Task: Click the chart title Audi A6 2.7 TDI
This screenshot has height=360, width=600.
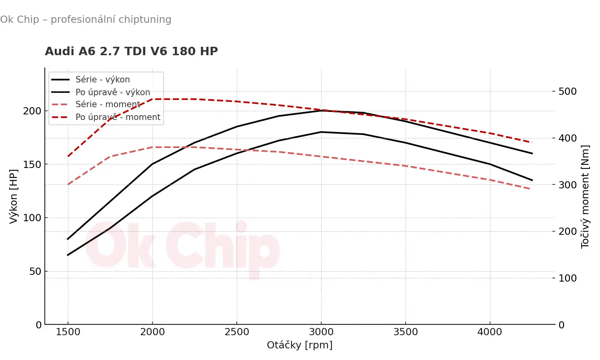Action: click(x=131, y=51)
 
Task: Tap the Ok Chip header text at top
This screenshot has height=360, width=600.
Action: click(x=86, y=20)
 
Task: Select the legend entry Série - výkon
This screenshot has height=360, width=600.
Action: click(x=102, y=80)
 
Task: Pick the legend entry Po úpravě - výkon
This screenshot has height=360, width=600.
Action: click(x=112, y=92)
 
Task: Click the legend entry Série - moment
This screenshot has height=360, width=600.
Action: click(x=108, y=104)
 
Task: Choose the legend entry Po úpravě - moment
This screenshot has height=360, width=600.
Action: click(x=118, y=117)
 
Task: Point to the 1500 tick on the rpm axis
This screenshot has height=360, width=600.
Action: click(x=68, y=332)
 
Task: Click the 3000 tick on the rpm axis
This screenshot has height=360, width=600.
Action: click(x=321, y=332)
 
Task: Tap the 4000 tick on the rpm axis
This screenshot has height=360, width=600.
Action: click(x=490, y=332)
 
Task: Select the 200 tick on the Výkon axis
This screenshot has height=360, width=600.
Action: click(x=32, y=111)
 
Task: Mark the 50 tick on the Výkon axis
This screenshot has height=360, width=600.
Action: click(x=35, y=271)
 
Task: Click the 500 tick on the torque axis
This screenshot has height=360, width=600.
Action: click(x=568, y=92)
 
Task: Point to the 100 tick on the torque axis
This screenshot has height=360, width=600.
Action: click(x=568, y=278)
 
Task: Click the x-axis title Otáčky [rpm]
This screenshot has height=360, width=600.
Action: click(x=300, y=345)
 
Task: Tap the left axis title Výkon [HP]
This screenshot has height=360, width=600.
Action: click(x=14, y=196)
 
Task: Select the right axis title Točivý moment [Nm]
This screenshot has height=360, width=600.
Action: click(x=585, y=196)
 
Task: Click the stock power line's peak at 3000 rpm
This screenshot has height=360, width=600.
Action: click(x=321, y=132)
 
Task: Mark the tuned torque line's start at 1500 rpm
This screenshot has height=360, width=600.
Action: click(x=68, y=156)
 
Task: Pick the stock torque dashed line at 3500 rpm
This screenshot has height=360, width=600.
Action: click(x=406, y=166)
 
